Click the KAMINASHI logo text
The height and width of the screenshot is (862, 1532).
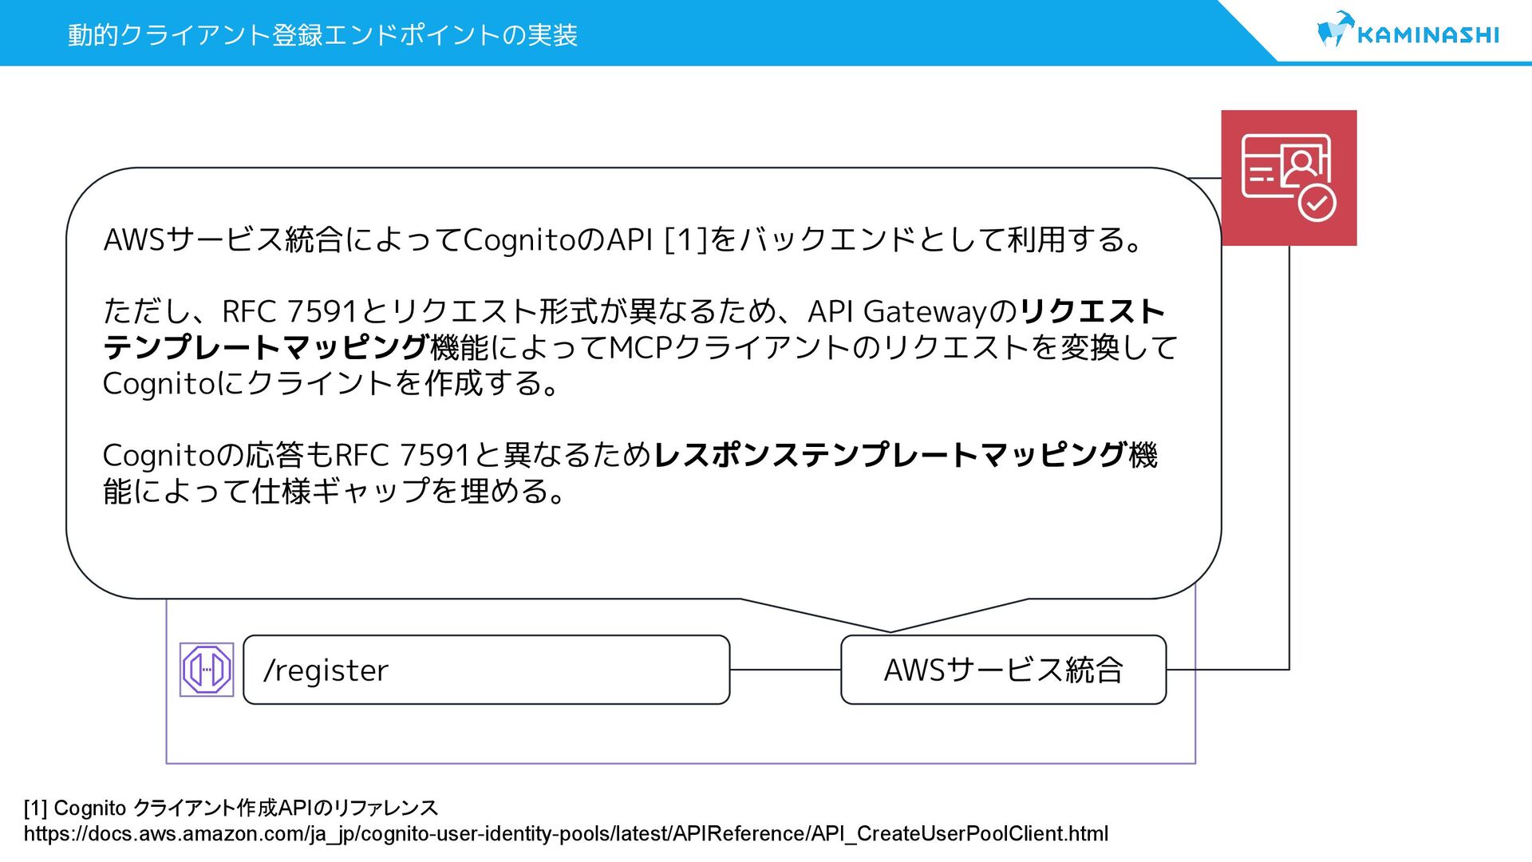pyautogui.click(x=1427, y=34)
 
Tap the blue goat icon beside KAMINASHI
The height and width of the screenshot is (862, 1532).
pyautogui.click(x=1334, y=30)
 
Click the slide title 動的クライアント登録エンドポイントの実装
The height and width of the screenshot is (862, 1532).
pyautogui.click(x=322, y=35)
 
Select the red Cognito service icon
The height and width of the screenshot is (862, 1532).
pyautogui.click(x=1289, y=177)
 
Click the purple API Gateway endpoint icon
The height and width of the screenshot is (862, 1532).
pyautogui.click(x=207, y=670)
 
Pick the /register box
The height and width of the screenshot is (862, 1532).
pyautogui.click(x=486, y=670)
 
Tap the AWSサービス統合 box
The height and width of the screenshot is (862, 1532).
pyautogui.click(x=1003, y=670)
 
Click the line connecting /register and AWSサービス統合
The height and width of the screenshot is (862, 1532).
pyautogui.click(x=785, y=670)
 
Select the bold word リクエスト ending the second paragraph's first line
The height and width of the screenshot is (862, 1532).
pyautogui.click(x=1092, y=311)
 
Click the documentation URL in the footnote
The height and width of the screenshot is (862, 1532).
pyautogui.click(x=566, y=834)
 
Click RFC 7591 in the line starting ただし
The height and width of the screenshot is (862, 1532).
pyautogui.click(x=289, y=311)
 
